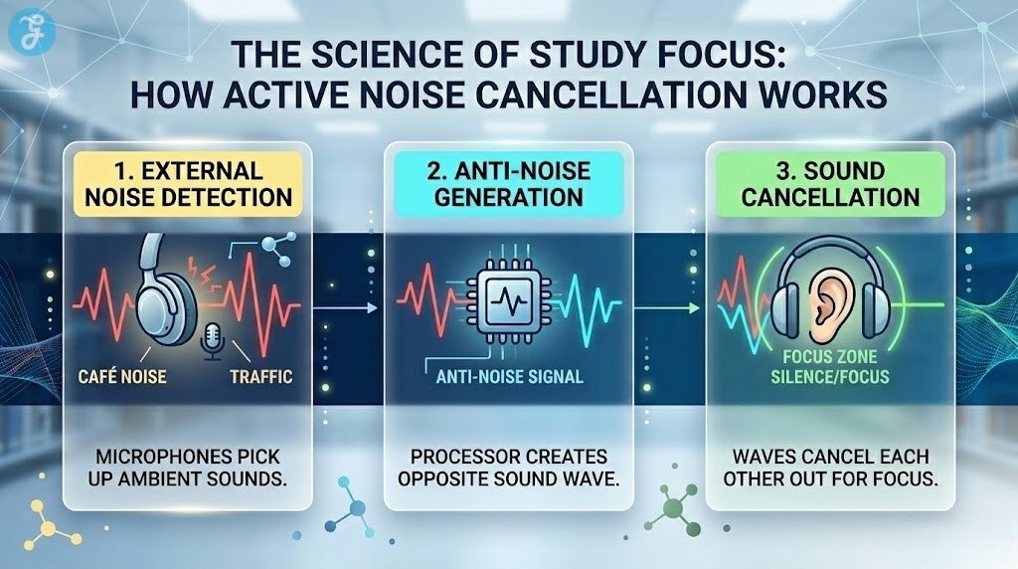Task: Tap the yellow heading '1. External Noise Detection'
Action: click(187, 183)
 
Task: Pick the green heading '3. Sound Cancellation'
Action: click(831, 183)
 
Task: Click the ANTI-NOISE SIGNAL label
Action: click(509, 377)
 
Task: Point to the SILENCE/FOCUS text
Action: click(831, 379)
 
